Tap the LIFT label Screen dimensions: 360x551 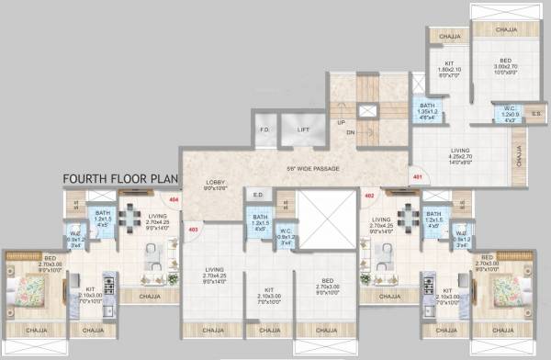(304, 129)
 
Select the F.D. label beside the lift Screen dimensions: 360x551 (266, 129)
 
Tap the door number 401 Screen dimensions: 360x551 (418, 176)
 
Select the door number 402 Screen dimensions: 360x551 (370, 196)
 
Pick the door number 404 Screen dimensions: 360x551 (174, 197)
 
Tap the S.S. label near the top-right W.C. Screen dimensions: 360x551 (535, 115)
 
